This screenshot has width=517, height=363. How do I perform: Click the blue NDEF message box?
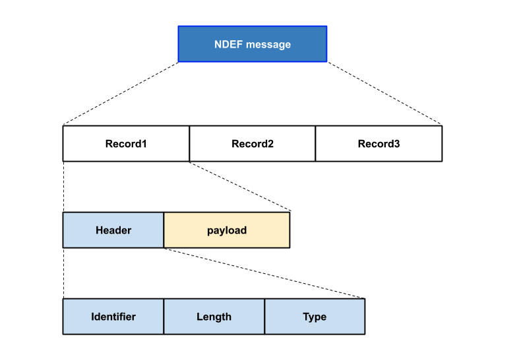[253, 44]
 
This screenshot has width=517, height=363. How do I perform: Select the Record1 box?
[126, 144]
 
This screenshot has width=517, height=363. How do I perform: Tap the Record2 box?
[252, 144]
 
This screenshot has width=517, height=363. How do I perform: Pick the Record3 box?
[379, 144]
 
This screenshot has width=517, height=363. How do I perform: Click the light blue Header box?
[113, 230]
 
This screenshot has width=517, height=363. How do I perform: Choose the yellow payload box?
[227, 230]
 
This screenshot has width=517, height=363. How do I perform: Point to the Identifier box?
[113, 317]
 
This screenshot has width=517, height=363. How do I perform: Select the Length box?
[214, 317]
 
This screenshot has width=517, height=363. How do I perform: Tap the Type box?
[315, 317]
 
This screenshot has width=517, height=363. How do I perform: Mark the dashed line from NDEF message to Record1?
[120, 94]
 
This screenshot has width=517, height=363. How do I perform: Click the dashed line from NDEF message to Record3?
[385, 94]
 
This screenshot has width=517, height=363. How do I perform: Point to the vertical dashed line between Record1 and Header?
[63, 187]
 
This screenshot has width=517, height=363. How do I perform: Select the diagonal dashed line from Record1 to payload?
[240, 186]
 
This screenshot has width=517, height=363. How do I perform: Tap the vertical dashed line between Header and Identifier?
[63, 273]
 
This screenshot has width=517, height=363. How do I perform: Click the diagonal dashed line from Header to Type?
[264, 273]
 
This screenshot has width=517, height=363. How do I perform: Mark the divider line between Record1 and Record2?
[190, 144]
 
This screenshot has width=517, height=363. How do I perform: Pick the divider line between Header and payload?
[164, 230]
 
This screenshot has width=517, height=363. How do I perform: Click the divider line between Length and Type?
[264, 317]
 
